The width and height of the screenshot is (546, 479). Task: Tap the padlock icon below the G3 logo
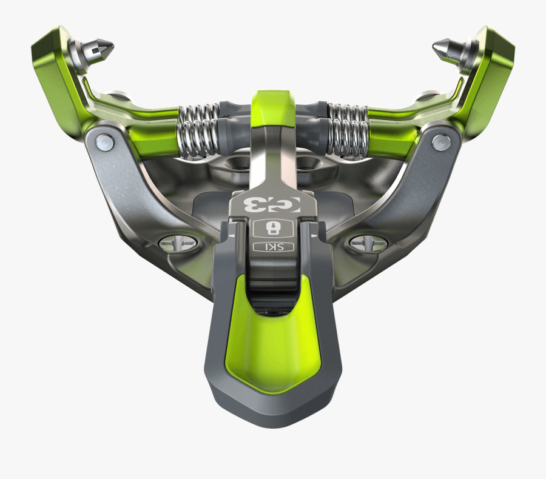tap(272, 228)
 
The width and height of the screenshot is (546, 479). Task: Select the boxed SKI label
tap(271, 247)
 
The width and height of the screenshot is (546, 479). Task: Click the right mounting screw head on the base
tap(369, 244)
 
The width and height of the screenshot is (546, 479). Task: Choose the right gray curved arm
tap(413, 182)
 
